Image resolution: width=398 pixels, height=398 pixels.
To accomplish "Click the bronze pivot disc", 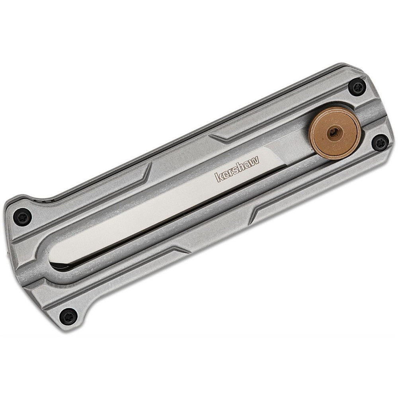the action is [x=335, y=133].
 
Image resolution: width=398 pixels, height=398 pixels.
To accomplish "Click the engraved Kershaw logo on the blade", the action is [x=237, y=168].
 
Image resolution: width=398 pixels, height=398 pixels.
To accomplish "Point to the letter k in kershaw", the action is [x=219, y=177].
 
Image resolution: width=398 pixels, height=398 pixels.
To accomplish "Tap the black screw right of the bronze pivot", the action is [x=380, y=142].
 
